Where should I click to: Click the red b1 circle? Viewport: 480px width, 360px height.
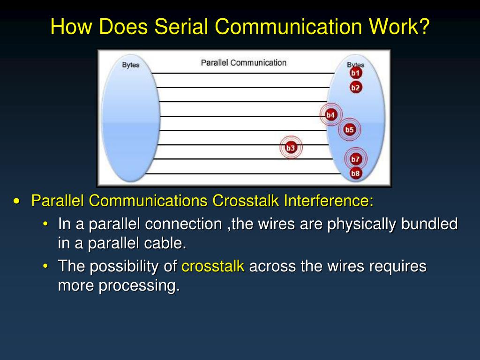click(356, 73)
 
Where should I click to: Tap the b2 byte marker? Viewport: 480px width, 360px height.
click(356, 87)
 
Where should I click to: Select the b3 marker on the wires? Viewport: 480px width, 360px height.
click(291, 148)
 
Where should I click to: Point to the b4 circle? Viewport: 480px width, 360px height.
click(331, 115)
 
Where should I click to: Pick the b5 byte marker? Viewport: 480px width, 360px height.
click(350, 130)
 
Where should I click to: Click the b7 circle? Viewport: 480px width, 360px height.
click(356, 159)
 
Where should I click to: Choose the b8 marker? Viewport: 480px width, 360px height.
click(356, 173)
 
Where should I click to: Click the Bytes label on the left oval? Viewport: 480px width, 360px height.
click(131, 65)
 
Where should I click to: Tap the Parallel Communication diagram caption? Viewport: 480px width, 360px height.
click(243, 62)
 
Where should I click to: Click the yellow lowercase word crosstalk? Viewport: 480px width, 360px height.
click(213, 266)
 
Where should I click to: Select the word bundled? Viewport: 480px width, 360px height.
click(431, 224)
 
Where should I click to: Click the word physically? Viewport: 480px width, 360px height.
click(363, 224)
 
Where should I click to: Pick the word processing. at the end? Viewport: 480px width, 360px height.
click(139, 285)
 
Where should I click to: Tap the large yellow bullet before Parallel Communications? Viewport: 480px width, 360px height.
click(17, 201)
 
